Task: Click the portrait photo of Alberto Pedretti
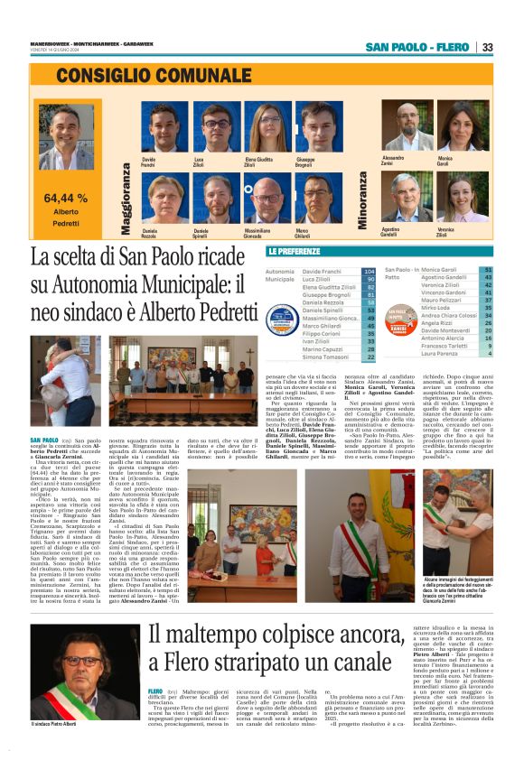65,135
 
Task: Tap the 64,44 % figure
66,197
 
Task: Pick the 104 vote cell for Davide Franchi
369,271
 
